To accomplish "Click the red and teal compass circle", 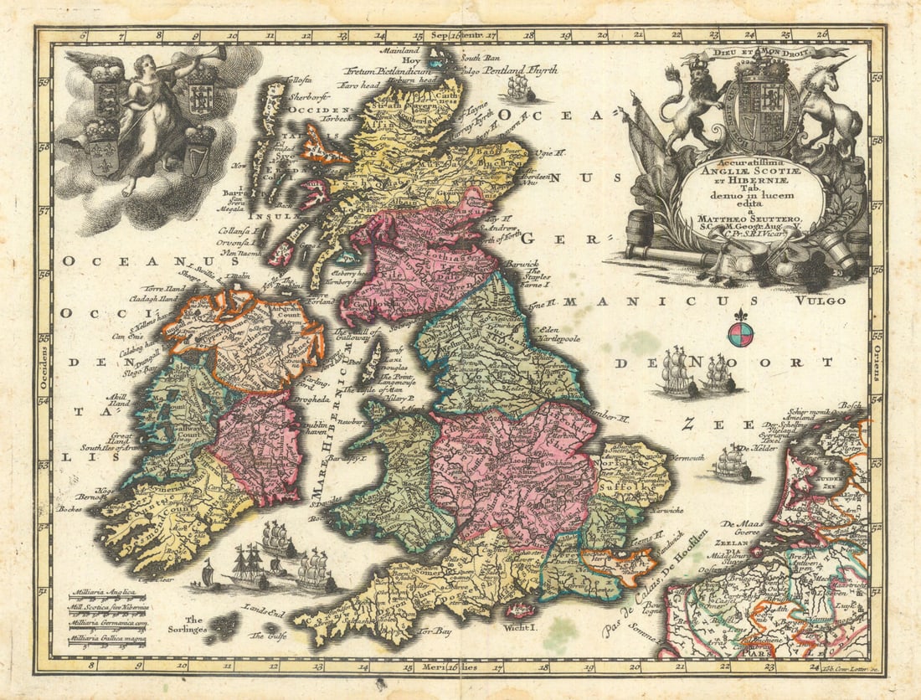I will (x=740, y=334).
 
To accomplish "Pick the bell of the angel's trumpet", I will (x=215, y=53).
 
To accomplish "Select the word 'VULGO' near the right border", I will (x=821, y=300).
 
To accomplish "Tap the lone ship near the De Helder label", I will (x=732, y=462).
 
